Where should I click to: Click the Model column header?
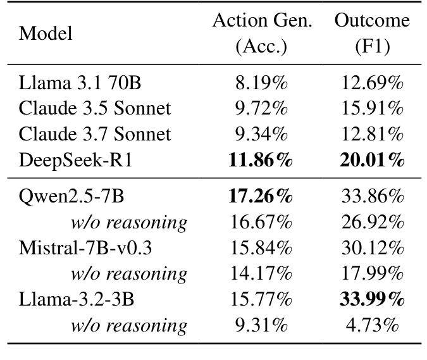coord(46,34)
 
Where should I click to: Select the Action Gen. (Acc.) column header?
coord(262,34)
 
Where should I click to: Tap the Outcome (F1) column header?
coord(372,34)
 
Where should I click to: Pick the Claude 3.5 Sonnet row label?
coord(95,108)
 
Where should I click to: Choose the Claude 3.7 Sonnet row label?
coord(95,134)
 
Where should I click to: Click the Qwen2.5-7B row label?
coord(71,196)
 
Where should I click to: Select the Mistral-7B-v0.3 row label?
coord(85,247)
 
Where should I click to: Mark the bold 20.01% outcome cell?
coord(372,160)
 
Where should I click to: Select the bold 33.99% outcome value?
coord(372,299)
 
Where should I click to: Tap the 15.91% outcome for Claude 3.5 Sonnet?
coord(372,108)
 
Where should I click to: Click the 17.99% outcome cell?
coord(372,273)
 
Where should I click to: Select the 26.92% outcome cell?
coord(372,222)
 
